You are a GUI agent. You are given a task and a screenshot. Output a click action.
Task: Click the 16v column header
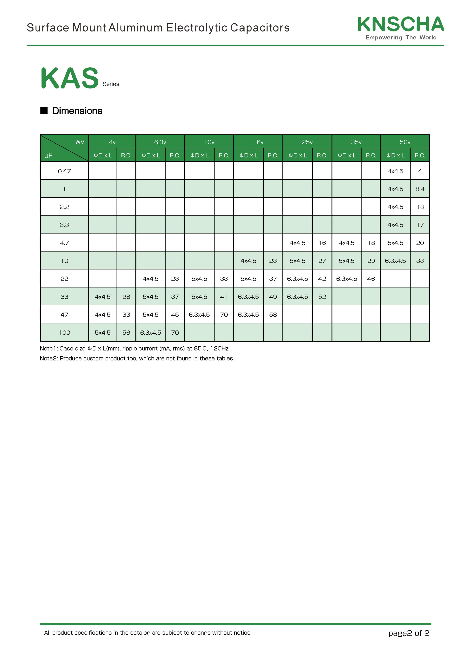pyautogui.click(x=258, y=142)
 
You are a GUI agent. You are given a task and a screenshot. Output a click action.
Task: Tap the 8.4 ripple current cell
pyautogui.click(x=420, y=189)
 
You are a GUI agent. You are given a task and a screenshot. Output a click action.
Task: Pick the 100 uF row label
pyautogui.click(x=64, y=333)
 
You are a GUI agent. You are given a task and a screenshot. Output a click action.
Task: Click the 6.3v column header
pyautogui.click(x=160, y=142)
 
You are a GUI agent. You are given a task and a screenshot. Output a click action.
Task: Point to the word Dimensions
pyautogui.click(x=77, y=111)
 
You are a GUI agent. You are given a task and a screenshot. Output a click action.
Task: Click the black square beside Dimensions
pyautogui.click(x=44, y=111)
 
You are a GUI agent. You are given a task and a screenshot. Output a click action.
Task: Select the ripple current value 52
pyautogui.click(x=322, y=297)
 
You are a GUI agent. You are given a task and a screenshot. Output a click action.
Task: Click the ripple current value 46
pyautogui.click(x=371, y=279)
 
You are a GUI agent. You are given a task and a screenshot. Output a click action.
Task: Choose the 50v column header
pyautogui.click(x=405, y=142)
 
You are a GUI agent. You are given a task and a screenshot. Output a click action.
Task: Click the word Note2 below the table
pyautogui.click(x=48, y=358)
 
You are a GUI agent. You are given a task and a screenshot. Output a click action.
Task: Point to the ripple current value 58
pyautogui.click(x=273, y=315)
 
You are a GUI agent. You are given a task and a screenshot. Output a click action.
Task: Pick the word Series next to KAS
pyautogui.click(x=111, y=84)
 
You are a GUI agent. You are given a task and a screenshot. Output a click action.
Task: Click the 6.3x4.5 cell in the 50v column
pyautogui.click(x=395, y=261)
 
